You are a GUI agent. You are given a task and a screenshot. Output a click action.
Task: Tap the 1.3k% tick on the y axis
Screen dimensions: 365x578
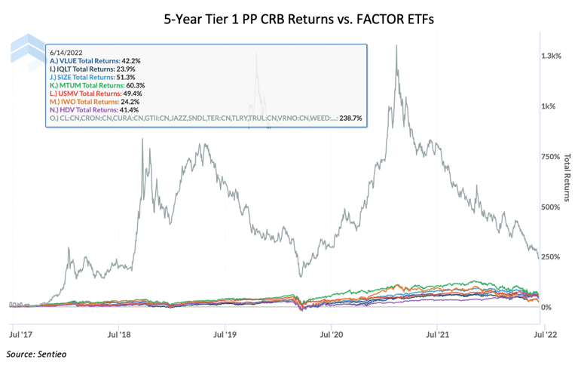[550, 57]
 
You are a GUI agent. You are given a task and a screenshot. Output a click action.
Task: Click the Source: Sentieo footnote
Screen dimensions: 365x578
[41, 353]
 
